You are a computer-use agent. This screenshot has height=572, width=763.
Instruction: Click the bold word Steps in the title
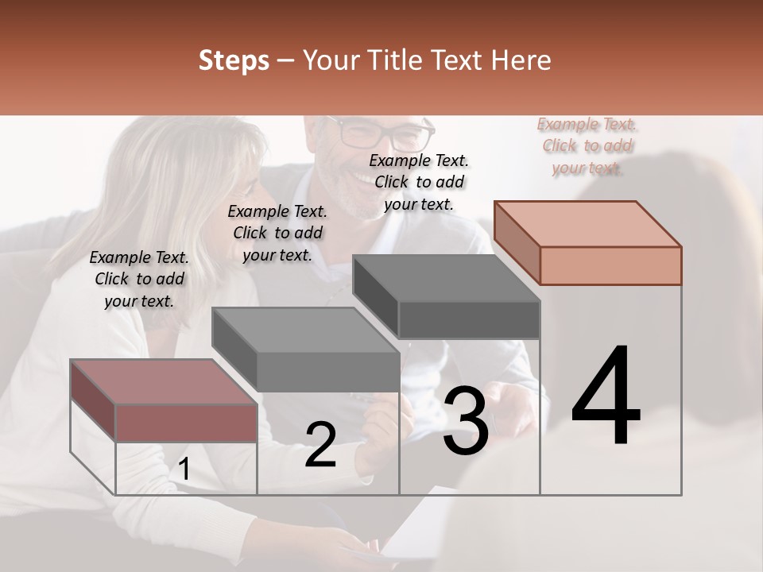tap(234, 60)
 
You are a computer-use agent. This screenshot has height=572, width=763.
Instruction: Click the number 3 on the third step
tap(465, 421)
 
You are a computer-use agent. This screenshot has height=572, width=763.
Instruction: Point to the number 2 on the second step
tap(320, 445)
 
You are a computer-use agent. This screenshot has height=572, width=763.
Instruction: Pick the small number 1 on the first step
tap(184, 470)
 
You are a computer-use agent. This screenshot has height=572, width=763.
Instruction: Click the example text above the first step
tap(139, 279)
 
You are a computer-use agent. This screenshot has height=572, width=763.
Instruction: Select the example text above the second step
tap(277, 233)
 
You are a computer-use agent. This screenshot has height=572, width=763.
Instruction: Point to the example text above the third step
tap(419, 182)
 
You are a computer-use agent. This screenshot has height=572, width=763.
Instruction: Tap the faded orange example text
tap(587, 145)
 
